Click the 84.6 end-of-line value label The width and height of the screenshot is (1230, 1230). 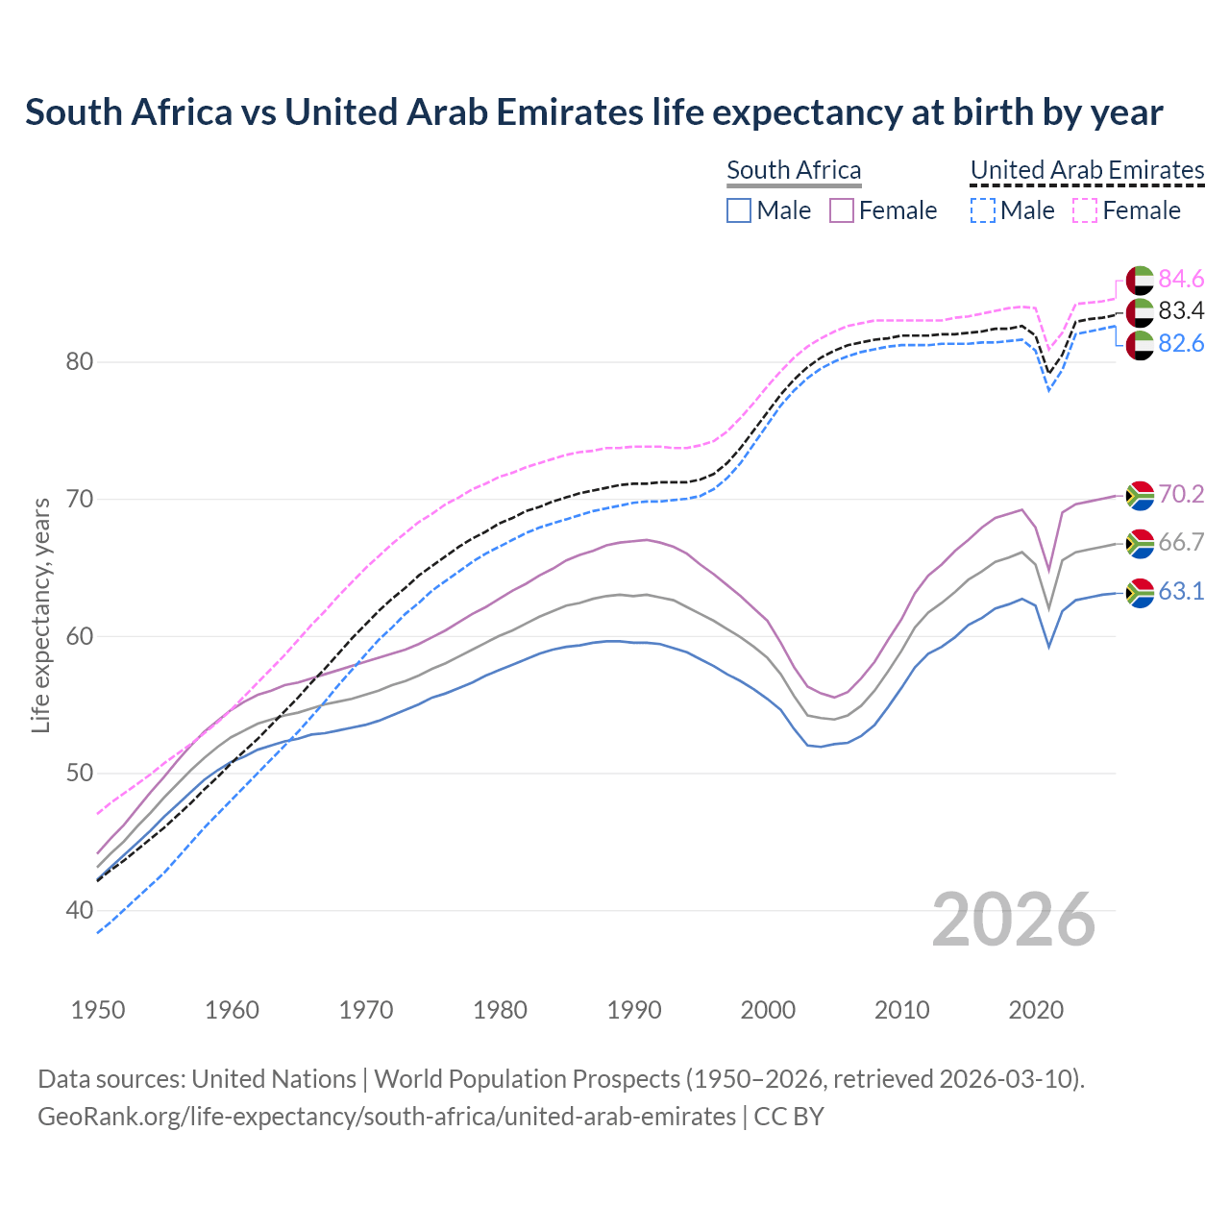[1181, 280]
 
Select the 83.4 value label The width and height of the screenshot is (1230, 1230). [1181, 311]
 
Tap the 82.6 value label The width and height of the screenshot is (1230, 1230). [1181, 344]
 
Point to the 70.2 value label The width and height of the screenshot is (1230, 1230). [1181, 495]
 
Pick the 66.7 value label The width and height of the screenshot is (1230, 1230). [1181, 543]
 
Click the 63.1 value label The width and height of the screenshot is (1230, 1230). [1181, 592]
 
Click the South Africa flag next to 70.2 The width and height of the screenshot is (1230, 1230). [1140, 495]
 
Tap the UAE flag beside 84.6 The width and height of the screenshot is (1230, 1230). [1140, 280]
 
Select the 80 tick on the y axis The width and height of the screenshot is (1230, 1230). [80, 362]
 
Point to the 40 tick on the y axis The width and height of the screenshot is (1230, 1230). [80, 910]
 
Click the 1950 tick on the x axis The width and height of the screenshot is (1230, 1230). [98, 1010]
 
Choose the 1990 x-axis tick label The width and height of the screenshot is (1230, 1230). [634, 1010]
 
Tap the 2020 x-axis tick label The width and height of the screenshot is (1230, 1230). [1036, 1010]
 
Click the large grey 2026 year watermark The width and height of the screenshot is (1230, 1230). [1014, 921]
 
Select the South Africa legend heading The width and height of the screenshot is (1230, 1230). [794, 170]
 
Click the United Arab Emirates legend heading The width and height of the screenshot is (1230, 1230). [1087, 170]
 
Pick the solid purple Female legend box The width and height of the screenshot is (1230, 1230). [842, 210]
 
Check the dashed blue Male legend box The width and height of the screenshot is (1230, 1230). [982, 210]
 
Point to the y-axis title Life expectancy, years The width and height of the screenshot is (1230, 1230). [41, 615]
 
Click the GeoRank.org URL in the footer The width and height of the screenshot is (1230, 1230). [386, 1117]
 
